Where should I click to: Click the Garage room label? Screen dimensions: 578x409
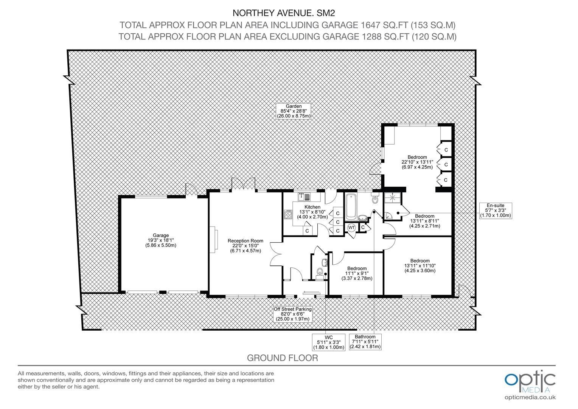tap(161, 240)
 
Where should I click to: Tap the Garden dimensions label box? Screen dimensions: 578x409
tap(294, 111)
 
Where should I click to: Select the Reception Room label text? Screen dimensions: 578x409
tap(245, 246)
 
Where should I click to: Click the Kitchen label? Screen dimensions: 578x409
tap(312, 212)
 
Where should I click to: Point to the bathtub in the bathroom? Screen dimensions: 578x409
tap(351, 207)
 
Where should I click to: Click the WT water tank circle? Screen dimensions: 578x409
tap(351, 228)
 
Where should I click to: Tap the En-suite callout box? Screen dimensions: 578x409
tap(496, 211)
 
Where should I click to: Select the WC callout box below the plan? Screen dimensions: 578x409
tap(329, 342)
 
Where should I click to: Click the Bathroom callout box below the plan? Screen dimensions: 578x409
tap(365, 342)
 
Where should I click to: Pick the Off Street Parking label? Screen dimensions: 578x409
tap(293, 314)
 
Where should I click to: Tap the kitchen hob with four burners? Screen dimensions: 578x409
tap(288, 214)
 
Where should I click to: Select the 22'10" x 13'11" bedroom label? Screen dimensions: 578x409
tap(417, 162)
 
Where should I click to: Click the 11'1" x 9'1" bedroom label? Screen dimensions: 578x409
tap(357, 274)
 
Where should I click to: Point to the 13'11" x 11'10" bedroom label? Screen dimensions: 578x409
tap(420, 266)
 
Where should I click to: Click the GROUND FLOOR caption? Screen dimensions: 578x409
tap(283, 358)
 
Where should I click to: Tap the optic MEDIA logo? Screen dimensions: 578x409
tap(530, 381)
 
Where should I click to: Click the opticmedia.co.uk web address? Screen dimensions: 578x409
tap(530, 398)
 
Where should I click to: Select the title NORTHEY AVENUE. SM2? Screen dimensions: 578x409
tap(284, 13)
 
